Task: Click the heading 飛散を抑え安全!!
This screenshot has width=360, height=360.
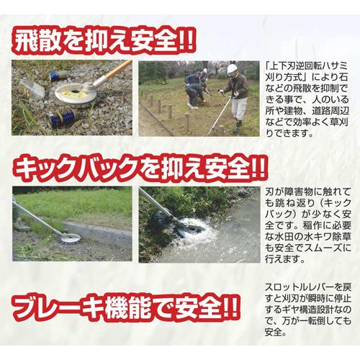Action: pyautogui.click(x=100, y=40)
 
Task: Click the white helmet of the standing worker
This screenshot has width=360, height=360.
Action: pyautogui.click(x=232, y=70)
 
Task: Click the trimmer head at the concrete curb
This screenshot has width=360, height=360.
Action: pyautogui.click(x=69, y=238)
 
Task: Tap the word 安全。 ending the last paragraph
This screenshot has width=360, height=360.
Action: pyautogui.click(x=278, y=333)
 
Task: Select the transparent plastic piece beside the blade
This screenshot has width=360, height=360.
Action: pyautogui.click(x=32, y=90)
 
